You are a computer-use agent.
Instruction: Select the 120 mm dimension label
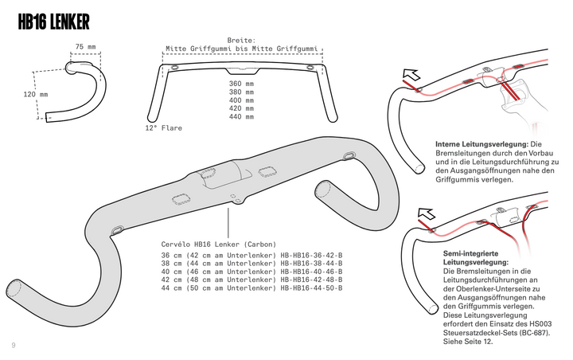[x=35, y=95]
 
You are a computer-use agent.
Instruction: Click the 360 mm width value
[x=241, y=84]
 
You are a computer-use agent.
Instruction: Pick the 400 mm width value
[x=241, y=100]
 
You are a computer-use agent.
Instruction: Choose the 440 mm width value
[x=241, y=117]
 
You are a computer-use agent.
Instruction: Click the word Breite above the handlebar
[x=241, y=40]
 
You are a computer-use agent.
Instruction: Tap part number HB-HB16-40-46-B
[x=311, y=272]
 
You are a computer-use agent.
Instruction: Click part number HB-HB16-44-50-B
[x=311, y=288]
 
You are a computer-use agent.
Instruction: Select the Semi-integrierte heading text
[x=470, y=252]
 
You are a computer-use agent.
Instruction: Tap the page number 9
[x=14, y=344]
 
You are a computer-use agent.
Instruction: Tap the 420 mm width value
[x=241, y=108]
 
